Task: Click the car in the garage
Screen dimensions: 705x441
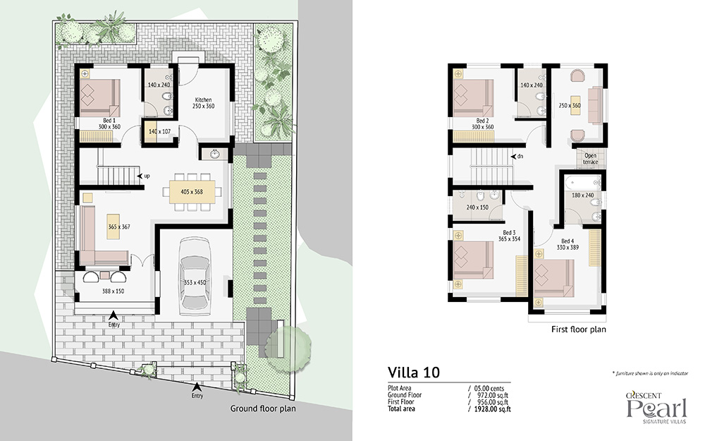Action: (195, 277)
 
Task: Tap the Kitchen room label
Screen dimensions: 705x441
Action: (203, 100)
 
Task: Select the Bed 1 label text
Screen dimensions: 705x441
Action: (109, 121)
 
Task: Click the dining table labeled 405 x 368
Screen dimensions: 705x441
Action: (192, 192)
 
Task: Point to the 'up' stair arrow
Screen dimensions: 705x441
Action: (140, 176)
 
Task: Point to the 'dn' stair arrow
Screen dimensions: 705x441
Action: (513, 157)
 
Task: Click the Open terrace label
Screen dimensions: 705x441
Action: (590, 159)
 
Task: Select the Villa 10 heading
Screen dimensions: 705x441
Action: (414, 372)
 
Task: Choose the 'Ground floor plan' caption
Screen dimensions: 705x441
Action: (263, 409)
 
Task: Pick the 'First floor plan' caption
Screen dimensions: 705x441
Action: (579, 330)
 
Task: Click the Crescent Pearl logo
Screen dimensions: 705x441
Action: (657, 408)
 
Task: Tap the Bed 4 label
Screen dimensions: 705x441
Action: (568, 241)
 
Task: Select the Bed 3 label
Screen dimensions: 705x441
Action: (510, 233)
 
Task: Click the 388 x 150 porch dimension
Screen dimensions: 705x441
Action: (113, 291)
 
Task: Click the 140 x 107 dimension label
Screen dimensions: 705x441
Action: (159, 132)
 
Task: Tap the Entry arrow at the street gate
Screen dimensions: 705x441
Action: (197, 386)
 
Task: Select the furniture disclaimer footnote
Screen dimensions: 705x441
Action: (650, 373)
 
